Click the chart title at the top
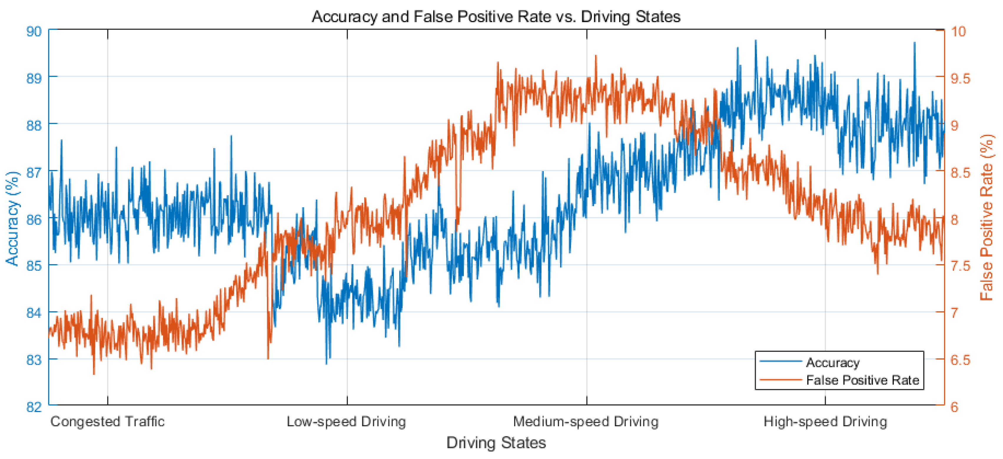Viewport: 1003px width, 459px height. point(496,17)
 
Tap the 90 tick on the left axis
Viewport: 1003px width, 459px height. point(34,31)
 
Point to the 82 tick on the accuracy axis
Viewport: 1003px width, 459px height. point(34,407)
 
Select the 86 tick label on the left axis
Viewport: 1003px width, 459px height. point(34,219)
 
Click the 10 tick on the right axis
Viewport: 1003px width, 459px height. point(958,31)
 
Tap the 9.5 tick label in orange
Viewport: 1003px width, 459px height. point(960,78)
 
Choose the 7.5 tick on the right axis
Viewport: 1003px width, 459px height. point(960,266)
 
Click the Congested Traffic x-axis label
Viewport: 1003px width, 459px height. point(107,421)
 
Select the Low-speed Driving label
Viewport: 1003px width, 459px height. point(346,421)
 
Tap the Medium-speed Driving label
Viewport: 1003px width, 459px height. point(586,421)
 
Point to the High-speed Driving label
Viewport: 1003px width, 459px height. point(825,421)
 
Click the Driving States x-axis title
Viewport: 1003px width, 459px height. point(496,443)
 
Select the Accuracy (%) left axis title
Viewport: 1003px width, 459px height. point(12,218)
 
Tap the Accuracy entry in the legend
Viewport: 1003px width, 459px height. point(833,362)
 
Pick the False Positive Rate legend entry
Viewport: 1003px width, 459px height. point(862,380)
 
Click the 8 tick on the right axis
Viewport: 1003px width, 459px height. point(954,219)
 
